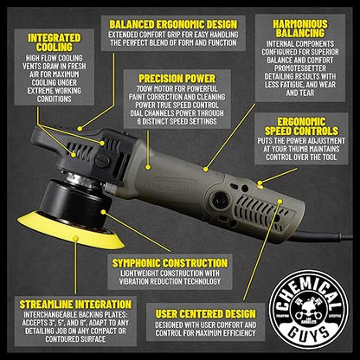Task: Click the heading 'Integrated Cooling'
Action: coord(55,42)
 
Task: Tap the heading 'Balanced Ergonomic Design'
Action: coord(173,24)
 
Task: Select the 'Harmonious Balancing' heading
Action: coord(300,29)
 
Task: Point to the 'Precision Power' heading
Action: coord(177,79)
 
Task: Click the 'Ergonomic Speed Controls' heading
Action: coord(301,126)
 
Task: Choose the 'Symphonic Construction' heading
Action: coord(170,263)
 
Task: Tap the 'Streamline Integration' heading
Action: coord(75,305)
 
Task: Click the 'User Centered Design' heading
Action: coord(205,314)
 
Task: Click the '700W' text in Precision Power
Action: coord(145,89)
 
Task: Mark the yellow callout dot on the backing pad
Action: coord(75,239)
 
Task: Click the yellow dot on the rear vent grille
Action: coord(280,201)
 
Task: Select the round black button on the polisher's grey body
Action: coord(221,199)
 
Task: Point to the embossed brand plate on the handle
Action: coord(174,183)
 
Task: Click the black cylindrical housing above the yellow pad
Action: coord(75,202)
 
